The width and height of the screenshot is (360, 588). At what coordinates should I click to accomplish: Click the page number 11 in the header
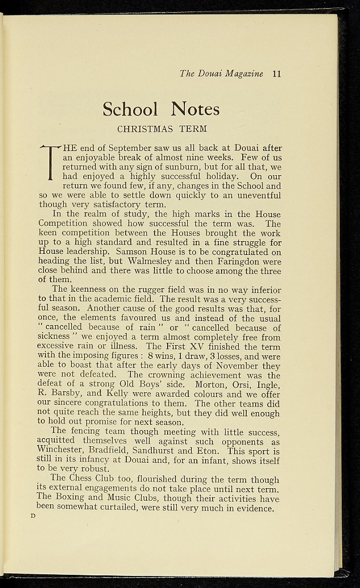pyautogui.click(x=277, y=73)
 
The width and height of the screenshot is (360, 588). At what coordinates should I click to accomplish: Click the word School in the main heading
pyautogui.click(x=130, y=109)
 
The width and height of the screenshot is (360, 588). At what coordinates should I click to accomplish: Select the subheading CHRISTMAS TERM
pyautogui.click(x=162, y=128)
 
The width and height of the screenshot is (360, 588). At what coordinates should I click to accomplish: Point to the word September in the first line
pyautogui.click(x=126, y=148)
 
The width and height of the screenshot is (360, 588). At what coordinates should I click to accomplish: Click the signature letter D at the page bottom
pyautogui.click(x=33, y=516)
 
